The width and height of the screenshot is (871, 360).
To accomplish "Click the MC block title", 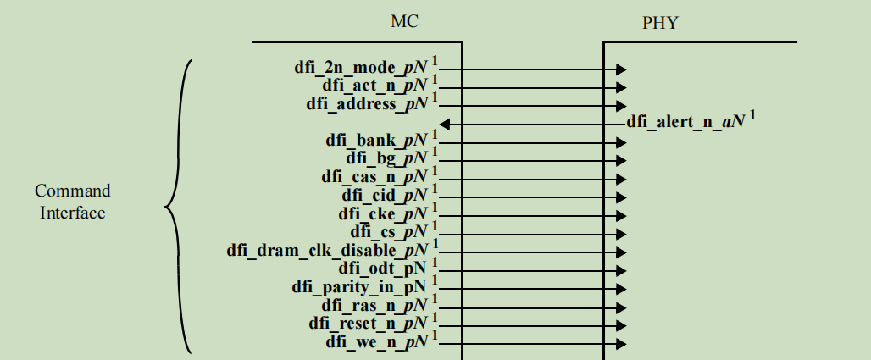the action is click(404, 22).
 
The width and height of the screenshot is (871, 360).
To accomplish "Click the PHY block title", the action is click(660, 23).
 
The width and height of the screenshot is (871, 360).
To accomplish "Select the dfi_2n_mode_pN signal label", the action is click(360, 67).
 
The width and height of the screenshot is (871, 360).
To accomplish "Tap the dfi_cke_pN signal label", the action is click(383, 213).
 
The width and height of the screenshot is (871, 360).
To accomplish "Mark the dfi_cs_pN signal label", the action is click(389, 231).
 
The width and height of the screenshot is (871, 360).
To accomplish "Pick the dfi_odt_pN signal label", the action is click(383, 268).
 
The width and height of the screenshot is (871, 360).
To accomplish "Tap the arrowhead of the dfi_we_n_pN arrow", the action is click(621, 344).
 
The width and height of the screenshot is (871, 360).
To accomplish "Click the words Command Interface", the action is click(73, 202).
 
